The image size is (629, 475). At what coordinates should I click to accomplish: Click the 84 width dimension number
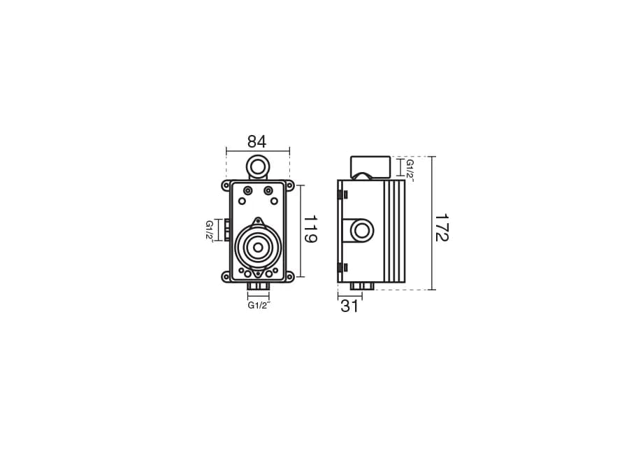(256, 142)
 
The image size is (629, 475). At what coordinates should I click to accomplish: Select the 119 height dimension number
(310, 229)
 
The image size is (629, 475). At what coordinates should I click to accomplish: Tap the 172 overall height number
(442, 227)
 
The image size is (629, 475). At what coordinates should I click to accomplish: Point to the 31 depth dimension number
(349, 306)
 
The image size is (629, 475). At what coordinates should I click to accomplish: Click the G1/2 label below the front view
(259, 305)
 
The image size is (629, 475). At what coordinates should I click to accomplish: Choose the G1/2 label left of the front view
(210, 230)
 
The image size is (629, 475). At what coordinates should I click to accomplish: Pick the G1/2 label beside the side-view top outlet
(410, 169)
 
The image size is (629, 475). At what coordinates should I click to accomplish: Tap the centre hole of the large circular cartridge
(257, 248)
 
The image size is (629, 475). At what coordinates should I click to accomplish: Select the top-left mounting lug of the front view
(226, 185)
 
